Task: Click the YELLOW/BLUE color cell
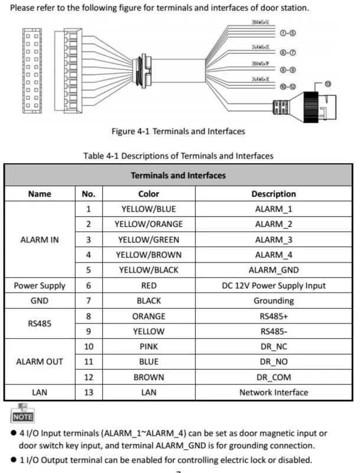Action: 148,209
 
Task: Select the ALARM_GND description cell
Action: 274,270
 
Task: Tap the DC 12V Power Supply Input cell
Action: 274,286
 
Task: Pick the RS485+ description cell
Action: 274,316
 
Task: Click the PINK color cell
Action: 148,346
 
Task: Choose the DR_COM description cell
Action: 274,377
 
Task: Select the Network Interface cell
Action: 274,392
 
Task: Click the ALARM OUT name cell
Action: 40,361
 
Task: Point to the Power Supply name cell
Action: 40,286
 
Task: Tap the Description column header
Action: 274,193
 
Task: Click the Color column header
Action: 148,193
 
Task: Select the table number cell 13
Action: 88,392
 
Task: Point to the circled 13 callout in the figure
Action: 329,83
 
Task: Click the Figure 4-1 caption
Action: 179,131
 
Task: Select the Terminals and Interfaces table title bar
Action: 178,176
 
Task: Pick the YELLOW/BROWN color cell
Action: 148,255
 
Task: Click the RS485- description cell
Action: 274,331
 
